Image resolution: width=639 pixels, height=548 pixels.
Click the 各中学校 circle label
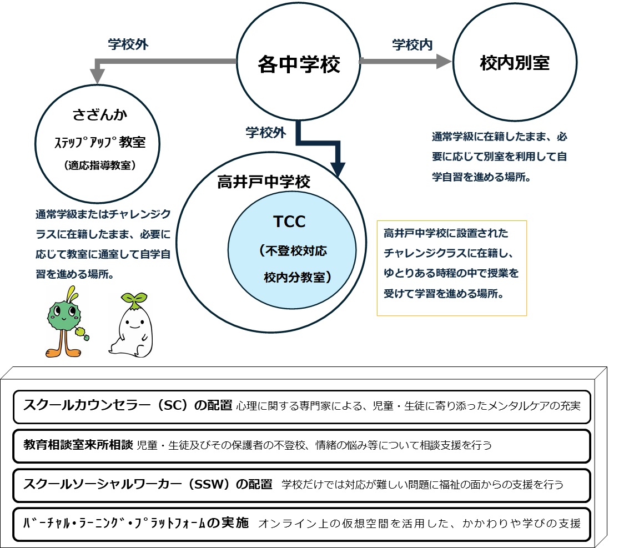click(299, 65)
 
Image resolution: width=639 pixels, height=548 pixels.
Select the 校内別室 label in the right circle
click(514, 63)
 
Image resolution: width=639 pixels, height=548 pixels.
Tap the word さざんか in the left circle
click(100, 115)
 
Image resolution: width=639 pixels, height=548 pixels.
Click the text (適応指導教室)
click(100, 165)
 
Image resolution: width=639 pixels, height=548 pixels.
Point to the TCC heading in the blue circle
click(289, 222)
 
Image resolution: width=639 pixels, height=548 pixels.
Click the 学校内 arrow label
click(412, 45)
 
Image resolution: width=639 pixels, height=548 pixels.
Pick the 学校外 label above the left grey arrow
click(128, 45)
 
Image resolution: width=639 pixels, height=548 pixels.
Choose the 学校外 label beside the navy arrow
click(266, 133)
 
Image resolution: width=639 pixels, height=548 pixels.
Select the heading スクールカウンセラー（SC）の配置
click(128, 405)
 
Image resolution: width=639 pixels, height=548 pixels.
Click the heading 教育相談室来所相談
click(78, 445)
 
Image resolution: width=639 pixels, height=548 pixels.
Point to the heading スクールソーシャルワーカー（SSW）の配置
click(148, 484)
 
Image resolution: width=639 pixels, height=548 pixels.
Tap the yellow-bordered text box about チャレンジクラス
click(451, 268)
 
